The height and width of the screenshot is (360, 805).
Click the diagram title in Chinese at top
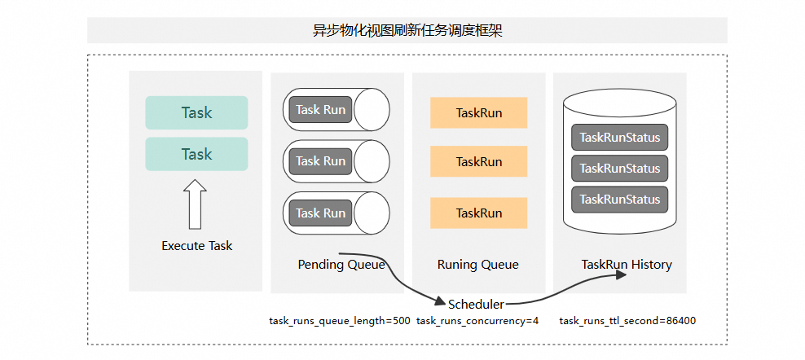pos(407,30)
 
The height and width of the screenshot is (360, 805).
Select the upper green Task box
pos(196,112)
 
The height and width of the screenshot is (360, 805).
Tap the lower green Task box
pos(196,154)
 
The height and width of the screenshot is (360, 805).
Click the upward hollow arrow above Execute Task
pos(195,204)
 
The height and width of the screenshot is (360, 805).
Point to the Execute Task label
pos(197,246)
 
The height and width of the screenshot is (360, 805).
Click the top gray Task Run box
pos(320,110)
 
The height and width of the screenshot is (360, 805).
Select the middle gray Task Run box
pos(320,161)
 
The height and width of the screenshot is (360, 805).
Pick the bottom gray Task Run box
pos(320,213)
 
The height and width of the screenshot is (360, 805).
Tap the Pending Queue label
pos(341,265)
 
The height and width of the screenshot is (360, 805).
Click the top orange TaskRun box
pos(479,113)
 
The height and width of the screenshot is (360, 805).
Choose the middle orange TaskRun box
pos(479,162)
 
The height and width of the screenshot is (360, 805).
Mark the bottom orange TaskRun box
pos(479,213)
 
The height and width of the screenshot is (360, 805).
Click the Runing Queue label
pos(478,265)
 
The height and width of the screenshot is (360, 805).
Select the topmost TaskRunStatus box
pos(620,138)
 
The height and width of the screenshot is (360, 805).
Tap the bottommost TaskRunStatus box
pos(620,200)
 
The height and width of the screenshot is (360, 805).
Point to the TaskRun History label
pos(627,265)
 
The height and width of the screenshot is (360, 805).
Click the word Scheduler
pos(477,304)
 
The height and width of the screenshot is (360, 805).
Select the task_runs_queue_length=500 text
pos(340,321)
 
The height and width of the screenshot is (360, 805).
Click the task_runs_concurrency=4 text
pos(477,321)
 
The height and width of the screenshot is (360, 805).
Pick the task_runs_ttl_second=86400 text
pos(627,321)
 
